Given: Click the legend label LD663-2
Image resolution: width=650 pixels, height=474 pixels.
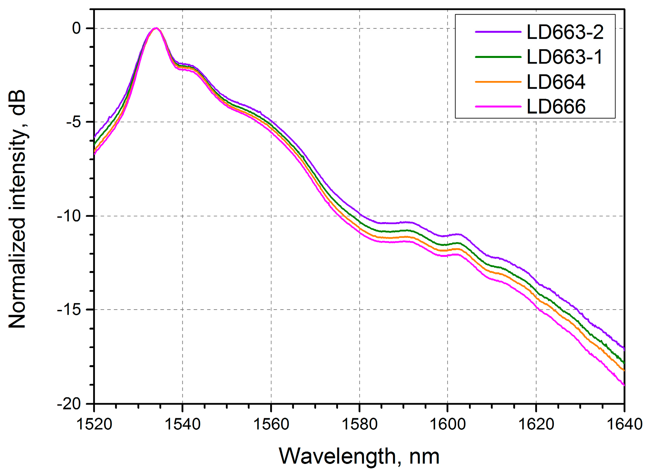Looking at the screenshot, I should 565,32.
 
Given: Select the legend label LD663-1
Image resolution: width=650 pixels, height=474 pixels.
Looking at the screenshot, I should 565,57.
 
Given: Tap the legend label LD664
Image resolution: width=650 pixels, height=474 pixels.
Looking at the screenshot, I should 556,82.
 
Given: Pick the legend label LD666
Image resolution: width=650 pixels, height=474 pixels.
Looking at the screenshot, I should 556,107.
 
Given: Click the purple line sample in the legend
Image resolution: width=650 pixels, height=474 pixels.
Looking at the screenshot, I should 498,32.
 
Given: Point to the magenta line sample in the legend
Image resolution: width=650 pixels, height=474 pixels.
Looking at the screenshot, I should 498,107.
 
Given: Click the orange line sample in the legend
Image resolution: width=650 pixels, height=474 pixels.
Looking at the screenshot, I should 498,82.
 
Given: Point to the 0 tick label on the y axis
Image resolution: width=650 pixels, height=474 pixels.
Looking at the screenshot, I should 77,28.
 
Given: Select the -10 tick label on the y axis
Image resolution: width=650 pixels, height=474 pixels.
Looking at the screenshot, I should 69,216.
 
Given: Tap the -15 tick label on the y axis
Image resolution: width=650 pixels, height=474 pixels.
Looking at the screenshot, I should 69,310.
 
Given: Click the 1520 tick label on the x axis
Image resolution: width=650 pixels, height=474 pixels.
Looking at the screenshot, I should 94,424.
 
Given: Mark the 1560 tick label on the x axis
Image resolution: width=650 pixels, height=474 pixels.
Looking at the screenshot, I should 271,424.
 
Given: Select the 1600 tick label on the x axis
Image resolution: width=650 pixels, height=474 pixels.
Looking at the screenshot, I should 448,424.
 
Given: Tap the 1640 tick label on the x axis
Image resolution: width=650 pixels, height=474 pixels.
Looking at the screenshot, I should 624,424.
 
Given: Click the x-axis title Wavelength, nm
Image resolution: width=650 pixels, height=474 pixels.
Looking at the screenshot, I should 359,456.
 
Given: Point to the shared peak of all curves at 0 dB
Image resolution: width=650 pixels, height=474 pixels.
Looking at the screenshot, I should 156,28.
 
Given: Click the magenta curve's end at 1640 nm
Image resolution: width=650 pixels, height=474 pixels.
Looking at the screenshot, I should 624,385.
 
